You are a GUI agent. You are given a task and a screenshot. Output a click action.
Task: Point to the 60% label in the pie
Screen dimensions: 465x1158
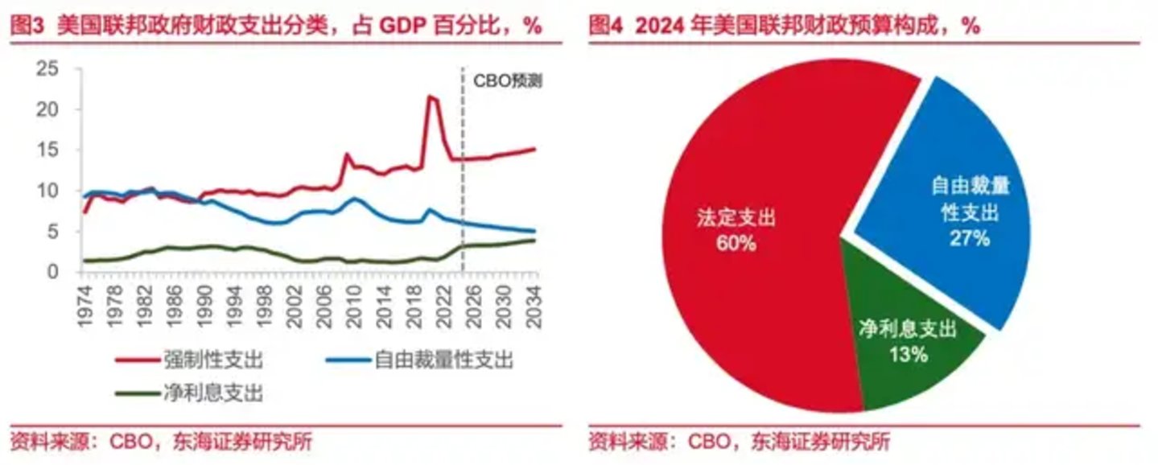pyautogui.click(x=736, y=243)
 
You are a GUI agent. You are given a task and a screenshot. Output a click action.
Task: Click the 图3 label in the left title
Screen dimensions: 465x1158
pyautogui.click(x=25, y=25)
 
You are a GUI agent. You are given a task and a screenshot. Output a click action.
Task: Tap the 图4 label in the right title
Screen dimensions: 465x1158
pyautogui.click(x=605, y=25)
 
